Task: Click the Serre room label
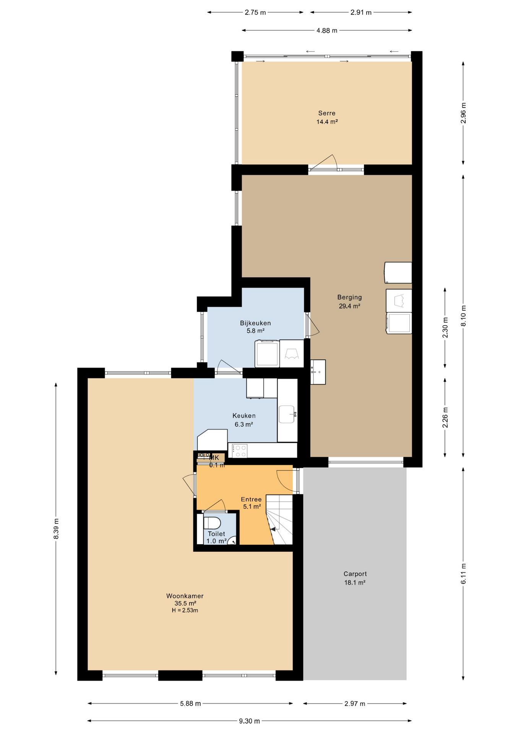click(327, 117)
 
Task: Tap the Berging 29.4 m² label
click(349, 301)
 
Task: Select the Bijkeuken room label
click(255, 327)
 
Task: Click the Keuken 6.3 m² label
click(244, 420)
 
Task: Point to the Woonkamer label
click(185, 596)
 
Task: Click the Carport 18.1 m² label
click(355, 578)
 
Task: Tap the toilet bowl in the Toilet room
click(212, 523)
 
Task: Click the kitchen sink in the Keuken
click(287, 414)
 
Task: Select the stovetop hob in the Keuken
click(240, 450)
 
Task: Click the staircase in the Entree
click(279, 520)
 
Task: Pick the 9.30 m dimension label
click(250, 721)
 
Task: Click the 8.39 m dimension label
click(56, 529)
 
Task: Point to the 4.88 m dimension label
click(327, 31)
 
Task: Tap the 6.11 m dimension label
click(463, 573)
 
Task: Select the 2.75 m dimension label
click(255, 12)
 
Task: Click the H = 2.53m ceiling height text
click(185, 610)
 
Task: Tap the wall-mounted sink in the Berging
click(318, 372)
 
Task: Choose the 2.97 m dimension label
click(355, 703)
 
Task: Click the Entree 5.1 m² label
click(251, 503)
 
